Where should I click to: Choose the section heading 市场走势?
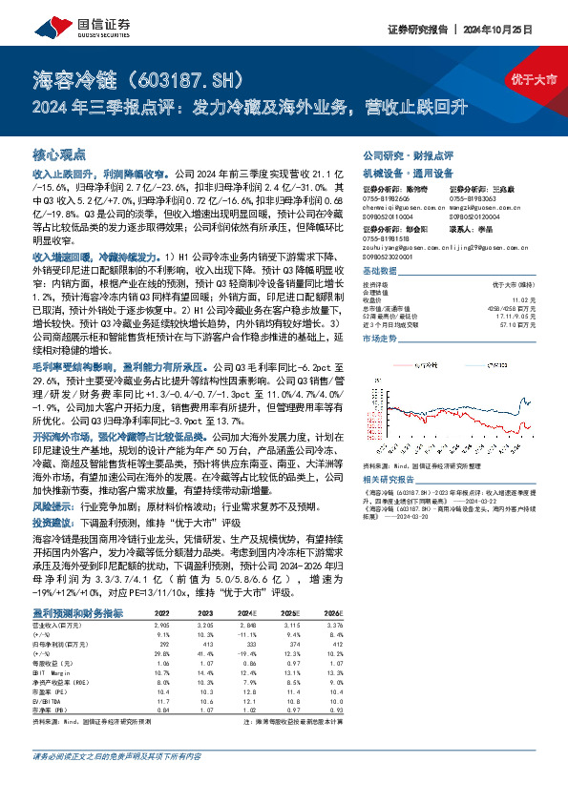(x=382, y=338)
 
